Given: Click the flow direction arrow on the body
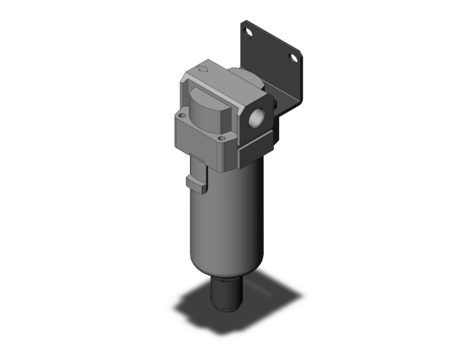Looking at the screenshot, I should [202, 70].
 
